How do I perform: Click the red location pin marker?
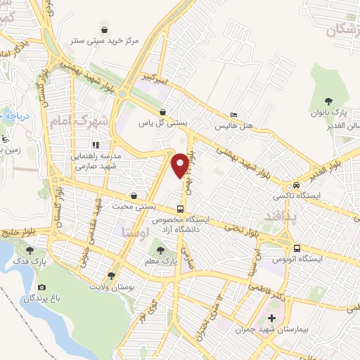coord(181,165)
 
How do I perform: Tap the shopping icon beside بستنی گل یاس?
coord(162,112)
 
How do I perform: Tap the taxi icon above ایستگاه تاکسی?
coord(297,184)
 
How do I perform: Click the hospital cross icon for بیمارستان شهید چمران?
coord(272,319)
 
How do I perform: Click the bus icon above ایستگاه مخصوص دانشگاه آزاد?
coord(181,209)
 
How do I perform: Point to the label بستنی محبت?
coord(133,206)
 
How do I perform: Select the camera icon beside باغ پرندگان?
coord(42,288)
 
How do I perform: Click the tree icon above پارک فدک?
coord(30,250)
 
